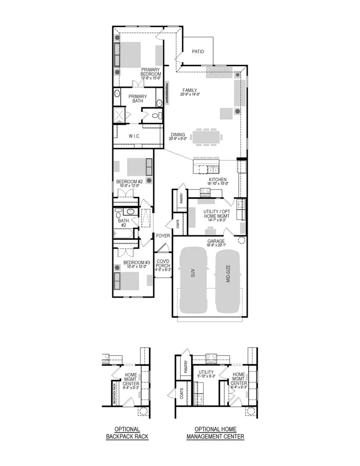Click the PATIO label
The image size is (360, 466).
tap(198, 52)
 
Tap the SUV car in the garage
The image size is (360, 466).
tap(194, 280)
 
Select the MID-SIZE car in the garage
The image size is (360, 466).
tap(228, 280)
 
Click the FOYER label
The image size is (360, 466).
tap(163, 236)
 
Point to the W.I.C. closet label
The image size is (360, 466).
tap(134, 136)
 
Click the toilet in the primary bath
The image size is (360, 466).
tap(156, 116)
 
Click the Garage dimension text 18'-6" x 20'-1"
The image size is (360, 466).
tap(216, 246)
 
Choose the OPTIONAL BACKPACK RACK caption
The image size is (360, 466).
tap(127, 433)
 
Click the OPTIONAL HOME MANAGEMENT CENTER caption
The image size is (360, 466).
tap(215, 433)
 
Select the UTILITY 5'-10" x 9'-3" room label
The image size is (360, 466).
tap(206, 374)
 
